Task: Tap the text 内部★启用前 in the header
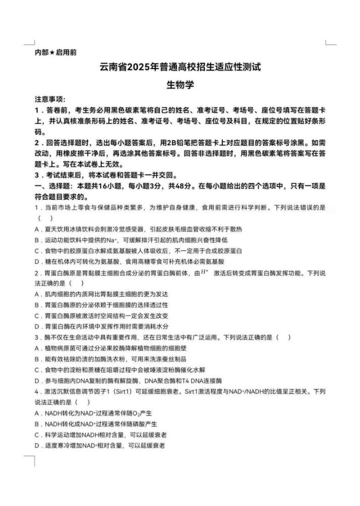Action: [55, 52]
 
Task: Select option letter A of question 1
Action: [37, 230]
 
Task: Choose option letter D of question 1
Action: [37, 262]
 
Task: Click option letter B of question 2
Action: [37, 305]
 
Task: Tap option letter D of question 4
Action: [37, 445]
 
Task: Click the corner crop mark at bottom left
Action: [31, 460]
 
